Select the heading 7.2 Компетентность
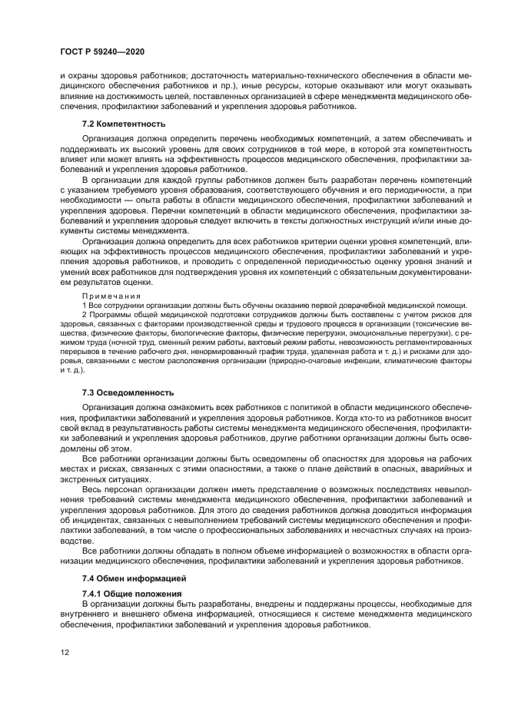point(123,124)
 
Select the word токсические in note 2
point(440,324)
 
